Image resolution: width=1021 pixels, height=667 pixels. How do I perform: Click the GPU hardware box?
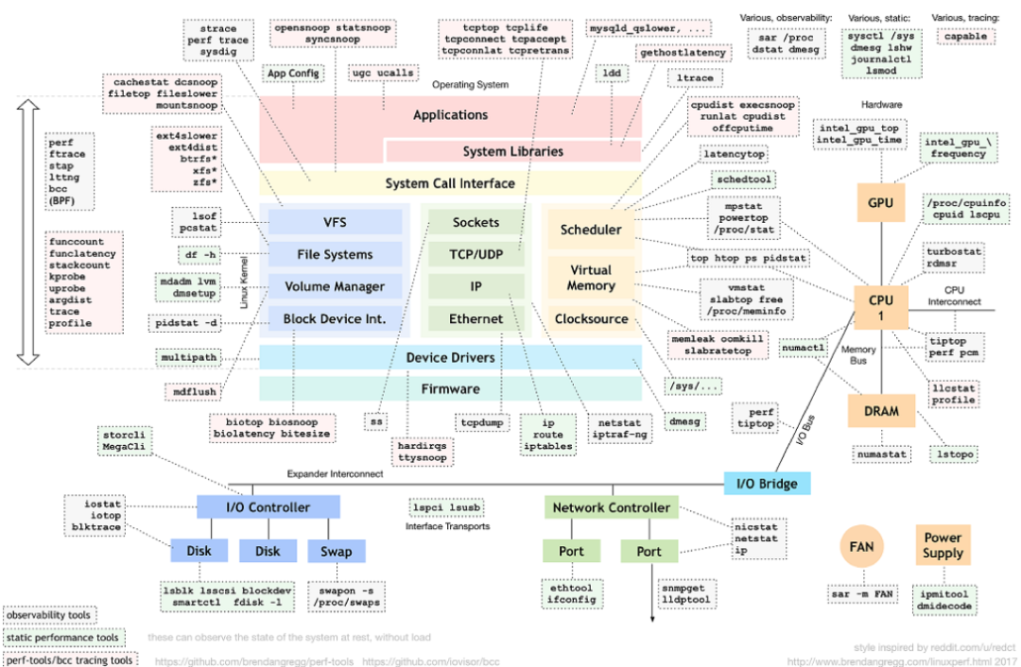[x=880, y=202]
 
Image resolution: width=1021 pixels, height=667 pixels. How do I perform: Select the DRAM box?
[x=880, y=411]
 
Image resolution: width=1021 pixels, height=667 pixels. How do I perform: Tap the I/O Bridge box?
[x=767, y=484]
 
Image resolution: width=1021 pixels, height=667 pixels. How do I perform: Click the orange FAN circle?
[x=861, y=547]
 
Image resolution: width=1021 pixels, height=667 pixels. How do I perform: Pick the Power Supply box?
[x=943, y=545]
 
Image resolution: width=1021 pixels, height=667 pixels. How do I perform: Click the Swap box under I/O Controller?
[x=336, y=552]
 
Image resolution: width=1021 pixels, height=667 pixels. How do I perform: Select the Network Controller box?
[x=611, y=507]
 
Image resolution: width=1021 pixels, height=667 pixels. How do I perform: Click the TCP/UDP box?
[x=476, y=254]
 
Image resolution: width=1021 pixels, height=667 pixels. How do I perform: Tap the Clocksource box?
[x=591, y=318]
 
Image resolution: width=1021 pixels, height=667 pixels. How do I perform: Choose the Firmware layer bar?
[x=450, y=388]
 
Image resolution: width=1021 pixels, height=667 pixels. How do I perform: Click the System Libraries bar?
[x=512, y=151]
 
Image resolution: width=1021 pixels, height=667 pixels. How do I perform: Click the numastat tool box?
[x=880, y=454]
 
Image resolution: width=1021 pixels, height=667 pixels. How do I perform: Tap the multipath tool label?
[x=188, y=358]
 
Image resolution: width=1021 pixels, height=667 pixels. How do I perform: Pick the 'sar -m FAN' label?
[x=860, y=594]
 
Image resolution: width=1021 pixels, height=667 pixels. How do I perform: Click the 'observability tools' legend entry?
[x=48, y=615]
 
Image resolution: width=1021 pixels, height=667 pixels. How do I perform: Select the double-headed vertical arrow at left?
[x=27, y=235]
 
